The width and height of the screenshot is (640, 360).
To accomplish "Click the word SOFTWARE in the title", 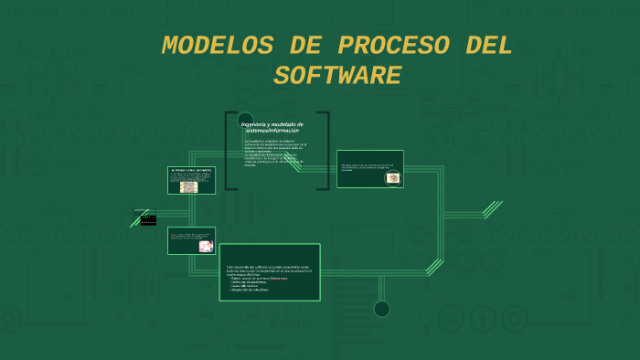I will click(337, 75).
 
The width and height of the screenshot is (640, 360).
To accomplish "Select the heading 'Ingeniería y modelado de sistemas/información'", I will click(272, 127).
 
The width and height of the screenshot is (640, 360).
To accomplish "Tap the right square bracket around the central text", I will click(325, 151).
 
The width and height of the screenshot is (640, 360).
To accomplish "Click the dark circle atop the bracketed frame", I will click(246, 118).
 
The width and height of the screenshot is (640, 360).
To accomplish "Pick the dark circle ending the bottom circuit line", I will click(382, 309).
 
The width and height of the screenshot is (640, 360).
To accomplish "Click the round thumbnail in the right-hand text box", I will click(392, 177).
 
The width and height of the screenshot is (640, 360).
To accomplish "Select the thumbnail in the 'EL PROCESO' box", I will click(188, 186).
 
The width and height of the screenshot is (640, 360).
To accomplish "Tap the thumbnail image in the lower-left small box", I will click(205, 246).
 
